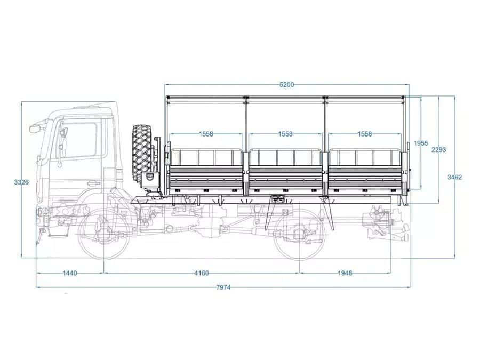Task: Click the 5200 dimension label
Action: point(286,84)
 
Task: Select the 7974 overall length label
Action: point(223,287)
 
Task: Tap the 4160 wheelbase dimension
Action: point(202,273)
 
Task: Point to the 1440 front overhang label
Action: point(70,273)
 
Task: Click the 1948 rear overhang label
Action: point(345,273)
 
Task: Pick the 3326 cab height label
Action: point(21,182)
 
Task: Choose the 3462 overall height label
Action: point(454,177)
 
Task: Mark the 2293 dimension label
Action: point(439,150)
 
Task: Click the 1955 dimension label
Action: point(421,143)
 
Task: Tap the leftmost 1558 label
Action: point(206,134)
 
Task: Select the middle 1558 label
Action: point(285,134)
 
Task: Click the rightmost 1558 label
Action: point(365,134)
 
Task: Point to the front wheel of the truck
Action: point(103,234)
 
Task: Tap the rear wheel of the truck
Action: point(299,234)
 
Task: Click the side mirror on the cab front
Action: point(35,128)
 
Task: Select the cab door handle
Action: point(93,183)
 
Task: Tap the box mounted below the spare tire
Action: point(149,180)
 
